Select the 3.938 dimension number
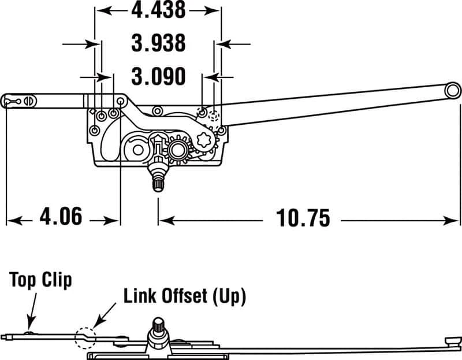pyautogui.click(x=158, y=43)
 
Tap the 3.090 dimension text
pyautogui.click(x=158, y=76)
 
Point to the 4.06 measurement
pyautogui.click(x=61, y=218)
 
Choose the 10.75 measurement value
pyautogui.click(x=303, y=218)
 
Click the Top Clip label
pyautogui.click(x=41, y=280)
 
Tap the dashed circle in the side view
pyautogui.click(x=85, y=337)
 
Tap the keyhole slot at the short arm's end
pyautogui.click(x=10, y=101)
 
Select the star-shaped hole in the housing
pyautogui.click(x=205, y=140)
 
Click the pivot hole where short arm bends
pyautogui.click(x=120, y=101)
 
